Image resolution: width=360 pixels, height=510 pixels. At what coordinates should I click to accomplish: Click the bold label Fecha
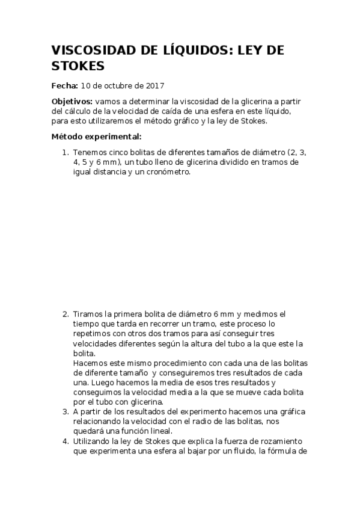coord(64,85)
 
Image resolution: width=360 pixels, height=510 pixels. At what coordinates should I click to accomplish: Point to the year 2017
coord(155,85)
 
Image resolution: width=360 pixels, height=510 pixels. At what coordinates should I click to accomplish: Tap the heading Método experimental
coord(97,137)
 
